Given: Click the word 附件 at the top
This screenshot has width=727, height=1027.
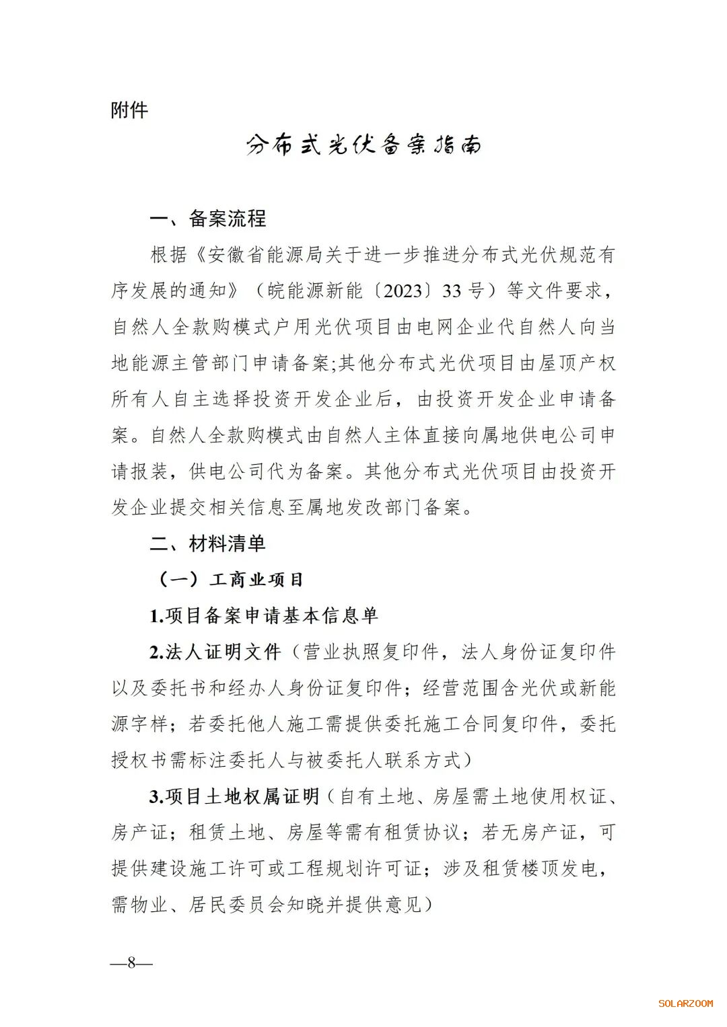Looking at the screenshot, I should point(129,110).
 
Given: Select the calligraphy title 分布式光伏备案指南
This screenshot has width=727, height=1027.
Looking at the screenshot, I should point(363,145).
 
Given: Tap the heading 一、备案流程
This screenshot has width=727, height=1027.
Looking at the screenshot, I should point(208,219).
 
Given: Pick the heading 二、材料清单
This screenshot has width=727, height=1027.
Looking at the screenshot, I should point(208,543).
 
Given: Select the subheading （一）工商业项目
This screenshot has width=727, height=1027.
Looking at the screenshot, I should point(230,579).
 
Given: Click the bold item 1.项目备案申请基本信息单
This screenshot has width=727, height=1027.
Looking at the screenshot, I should point(264,615).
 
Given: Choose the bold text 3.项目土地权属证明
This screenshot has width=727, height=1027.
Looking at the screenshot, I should point(234,796).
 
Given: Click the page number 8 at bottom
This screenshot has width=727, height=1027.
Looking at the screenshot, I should point(131,962).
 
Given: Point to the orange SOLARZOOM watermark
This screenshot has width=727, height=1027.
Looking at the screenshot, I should point(685,1003).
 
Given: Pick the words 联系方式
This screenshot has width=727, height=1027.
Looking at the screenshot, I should point(423,760).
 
